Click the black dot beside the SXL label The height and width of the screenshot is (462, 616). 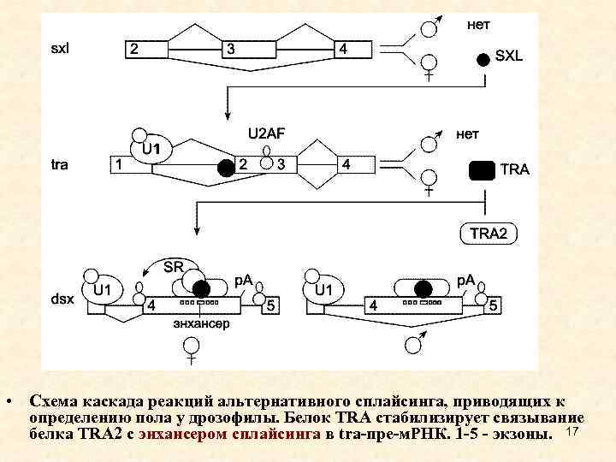coord(484,58)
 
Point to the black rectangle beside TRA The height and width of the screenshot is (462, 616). coord(482,169)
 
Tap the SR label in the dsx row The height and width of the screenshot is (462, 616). coord(174,266)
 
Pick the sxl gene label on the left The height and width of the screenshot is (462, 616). coord(61,48)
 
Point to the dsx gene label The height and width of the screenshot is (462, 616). coord(62,299)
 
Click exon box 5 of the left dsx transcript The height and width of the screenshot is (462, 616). coord(270,305)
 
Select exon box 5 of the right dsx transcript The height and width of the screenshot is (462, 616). coord(494,305)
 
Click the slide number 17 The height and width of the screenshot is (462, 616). coord(573,436)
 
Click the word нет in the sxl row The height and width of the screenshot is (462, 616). coord(478,26)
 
